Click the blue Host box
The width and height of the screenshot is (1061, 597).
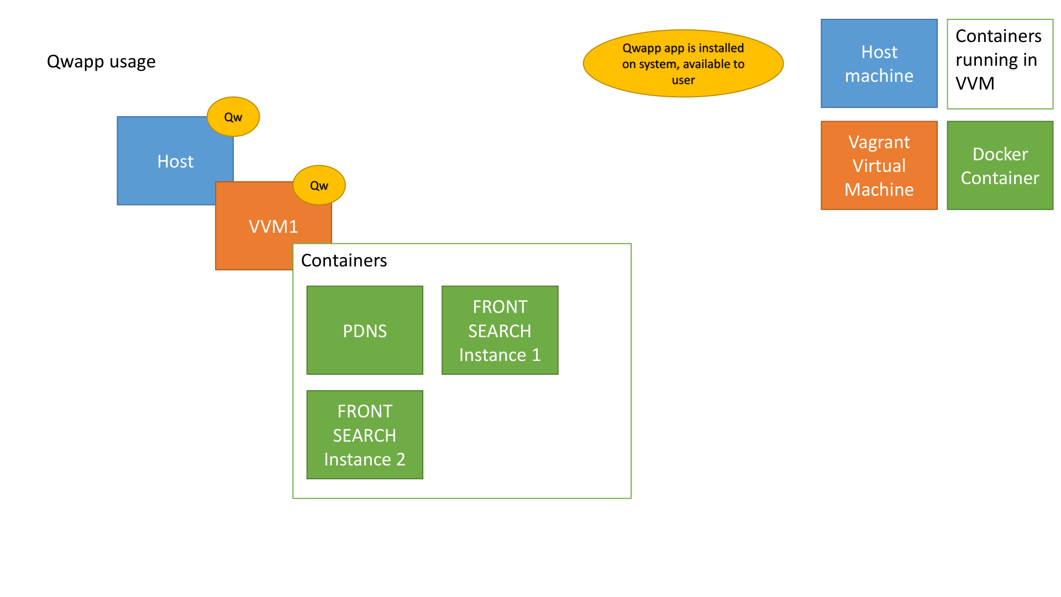point(166,161)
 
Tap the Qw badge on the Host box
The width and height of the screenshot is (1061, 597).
point(233,117)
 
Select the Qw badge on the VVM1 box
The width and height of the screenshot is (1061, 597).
point(319,185)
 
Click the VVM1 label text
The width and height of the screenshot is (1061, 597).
point(273,226)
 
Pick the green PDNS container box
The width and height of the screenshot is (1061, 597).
point(365,330)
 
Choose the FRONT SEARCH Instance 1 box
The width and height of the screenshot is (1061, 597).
point(500,330)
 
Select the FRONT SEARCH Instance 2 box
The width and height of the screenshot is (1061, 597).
point(365,434)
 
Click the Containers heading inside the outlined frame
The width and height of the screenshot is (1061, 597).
point(344,260)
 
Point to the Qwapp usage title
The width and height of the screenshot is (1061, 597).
point(101,61)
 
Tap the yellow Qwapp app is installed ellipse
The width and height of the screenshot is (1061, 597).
point(683,64)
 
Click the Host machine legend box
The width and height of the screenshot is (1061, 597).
point(879,64)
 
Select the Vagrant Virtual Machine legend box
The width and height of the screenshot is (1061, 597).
point(879,165)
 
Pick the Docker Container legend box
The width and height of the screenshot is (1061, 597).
point(1000,165)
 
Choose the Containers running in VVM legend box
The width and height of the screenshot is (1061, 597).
point(1000,64)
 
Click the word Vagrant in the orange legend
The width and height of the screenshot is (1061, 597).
point(879,143)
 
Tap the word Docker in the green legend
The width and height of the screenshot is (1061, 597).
point(1000,154)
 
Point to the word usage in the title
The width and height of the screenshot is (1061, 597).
point(133,62)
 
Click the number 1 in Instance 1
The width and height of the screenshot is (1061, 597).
point(536,355)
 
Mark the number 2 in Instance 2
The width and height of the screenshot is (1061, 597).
point(401,459)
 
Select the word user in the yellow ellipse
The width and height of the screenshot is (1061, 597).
point(683,80)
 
